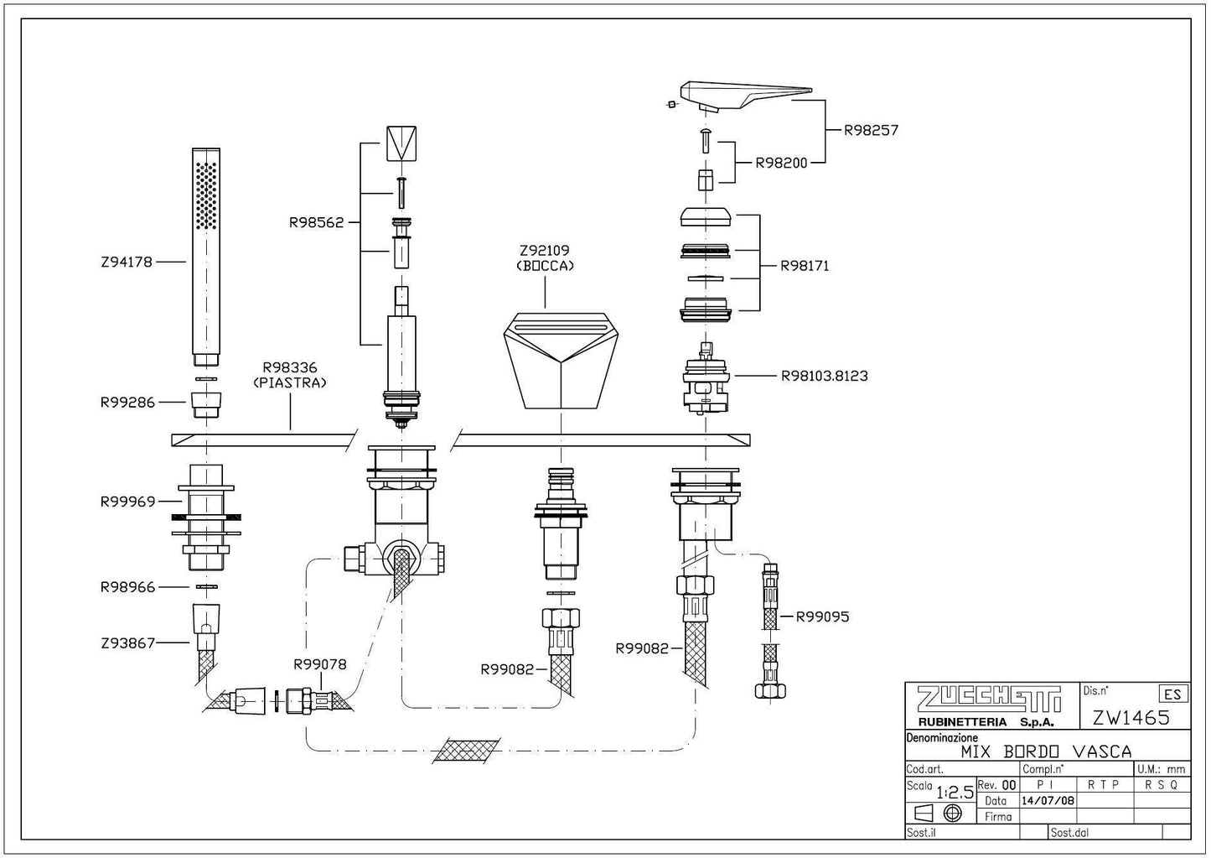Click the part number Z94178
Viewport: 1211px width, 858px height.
[x=127, y=262]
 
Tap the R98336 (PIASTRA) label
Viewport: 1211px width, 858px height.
[x=289, y=374]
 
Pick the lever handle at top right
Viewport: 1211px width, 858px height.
[x=742, y=96]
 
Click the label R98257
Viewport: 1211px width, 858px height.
[x=871, y=130]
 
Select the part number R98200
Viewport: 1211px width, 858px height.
[x=781, y=163]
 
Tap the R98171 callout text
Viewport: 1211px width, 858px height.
[x=805, y=266]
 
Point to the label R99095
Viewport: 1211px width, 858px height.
[x=822, y=616]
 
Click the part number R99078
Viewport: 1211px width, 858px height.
[x=319, y=664]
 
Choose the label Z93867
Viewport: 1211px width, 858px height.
[x=127, y=643]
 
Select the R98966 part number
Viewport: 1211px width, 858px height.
[x=127, y=587]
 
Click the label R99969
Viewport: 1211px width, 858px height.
[x=127, y=502]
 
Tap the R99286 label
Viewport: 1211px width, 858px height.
[x=127, y=402]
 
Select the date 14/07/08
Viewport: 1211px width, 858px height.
[x=1047, y=800]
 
